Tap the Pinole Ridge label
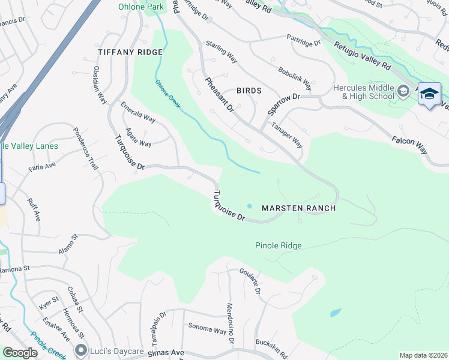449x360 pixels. point(278,245)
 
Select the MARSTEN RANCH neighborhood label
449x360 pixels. point(298,208)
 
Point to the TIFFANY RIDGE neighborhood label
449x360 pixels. point(122,52)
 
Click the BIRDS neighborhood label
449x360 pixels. point(249,91)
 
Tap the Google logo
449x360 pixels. point(20,353)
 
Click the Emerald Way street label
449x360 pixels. point(138,112)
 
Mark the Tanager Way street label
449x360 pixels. point(287,135)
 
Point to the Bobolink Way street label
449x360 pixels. point(295,76)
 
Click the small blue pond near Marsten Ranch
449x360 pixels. point(249,206)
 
